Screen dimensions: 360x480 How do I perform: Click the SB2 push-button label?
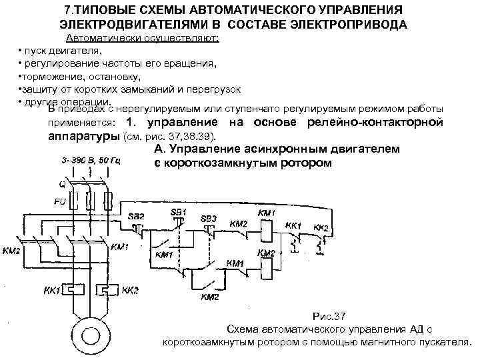136,217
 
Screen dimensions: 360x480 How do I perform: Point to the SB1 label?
179,211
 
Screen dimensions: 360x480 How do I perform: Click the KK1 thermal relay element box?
73,290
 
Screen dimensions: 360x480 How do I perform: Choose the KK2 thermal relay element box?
107,290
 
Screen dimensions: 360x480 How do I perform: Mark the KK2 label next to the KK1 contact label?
321,228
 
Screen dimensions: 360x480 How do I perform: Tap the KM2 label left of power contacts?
13,250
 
